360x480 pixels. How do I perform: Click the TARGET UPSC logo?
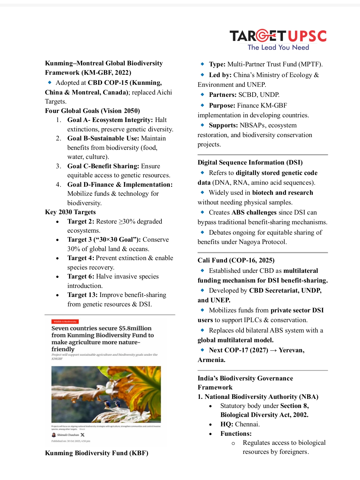pyautogui.click(x=278, y=36)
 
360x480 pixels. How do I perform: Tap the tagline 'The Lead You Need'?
pyautogui.click(x=278, y=48)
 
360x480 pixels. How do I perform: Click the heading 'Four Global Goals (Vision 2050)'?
pyautogui.click(x=92, y=111)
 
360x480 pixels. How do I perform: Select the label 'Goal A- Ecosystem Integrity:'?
pyautogui.click(x=110, y=120)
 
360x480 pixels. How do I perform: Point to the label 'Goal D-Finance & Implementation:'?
pyautogui.click(x=120, y=185)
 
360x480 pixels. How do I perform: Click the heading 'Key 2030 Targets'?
pyautogui.click(x=70, y=212)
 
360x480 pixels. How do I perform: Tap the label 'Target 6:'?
pyautogui.click(x=81, y=277)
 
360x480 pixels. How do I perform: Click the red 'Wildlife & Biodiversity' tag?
pyautogui.click(x=65, y=321)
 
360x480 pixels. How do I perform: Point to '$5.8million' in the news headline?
pyautogui.click(x=135, y=328)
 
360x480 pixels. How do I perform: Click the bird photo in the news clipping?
pyautogui.click(x=106, y=394)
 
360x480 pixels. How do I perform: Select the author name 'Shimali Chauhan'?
pyautogui.click(x=68, y=435)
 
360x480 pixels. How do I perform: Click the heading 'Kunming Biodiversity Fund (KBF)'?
pyautogui.click(x=96, y=453)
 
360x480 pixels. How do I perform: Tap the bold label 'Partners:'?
pyautogui.click(x=223, y=95)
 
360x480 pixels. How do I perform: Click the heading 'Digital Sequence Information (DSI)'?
pyautogui.click(x=250, y=163)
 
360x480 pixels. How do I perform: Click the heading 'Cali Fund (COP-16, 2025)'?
pyautogui.click(x=236, y=260)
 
